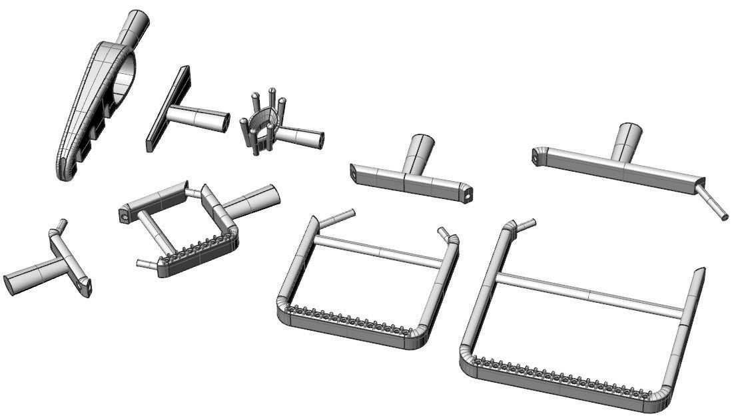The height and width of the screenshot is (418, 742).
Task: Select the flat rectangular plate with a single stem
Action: tap(167, 108)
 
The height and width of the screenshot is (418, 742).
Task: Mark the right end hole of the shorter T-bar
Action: tap(470, 195)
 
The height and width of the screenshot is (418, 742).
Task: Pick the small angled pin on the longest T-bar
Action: tap(712, 204)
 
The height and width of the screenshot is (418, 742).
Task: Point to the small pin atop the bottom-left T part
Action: tap(61, 225)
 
